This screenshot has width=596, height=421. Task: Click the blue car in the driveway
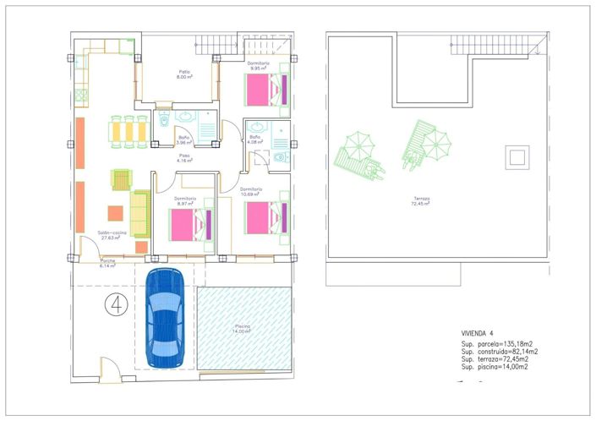(x=165, y=318)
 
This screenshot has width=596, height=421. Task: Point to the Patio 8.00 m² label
(x=183, y=74)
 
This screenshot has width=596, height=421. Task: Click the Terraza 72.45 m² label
(x=419, y=201)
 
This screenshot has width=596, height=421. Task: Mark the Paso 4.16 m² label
(x=184, y=157)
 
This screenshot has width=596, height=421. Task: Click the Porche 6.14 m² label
(x=107, y=264)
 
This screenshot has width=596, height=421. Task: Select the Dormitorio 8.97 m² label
(x=187, y=201)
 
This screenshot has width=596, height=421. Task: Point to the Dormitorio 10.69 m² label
(x=251, y=191)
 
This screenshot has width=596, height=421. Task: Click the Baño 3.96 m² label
(x=184, y=139)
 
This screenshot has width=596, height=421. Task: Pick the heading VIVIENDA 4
(x=477, y=333)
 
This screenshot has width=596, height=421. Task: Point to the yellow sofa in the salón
(x=140, y=213)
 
